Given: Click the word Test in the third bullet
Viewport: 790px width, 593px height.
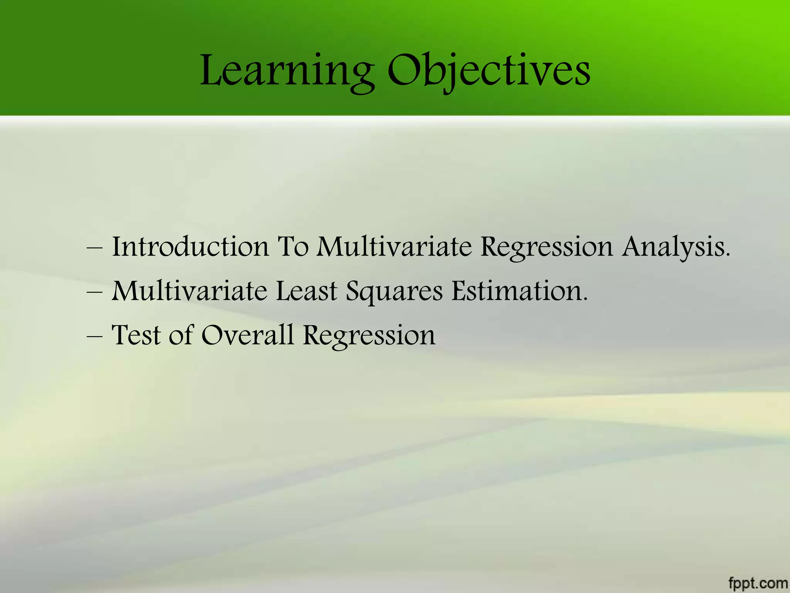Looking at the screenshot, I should point(136,335).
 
